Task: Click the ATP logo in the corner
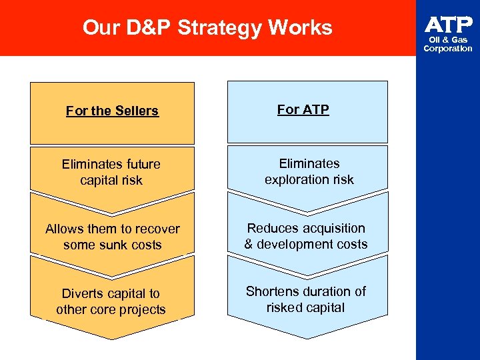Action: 448,25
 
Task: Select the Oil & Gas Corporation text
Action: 448,44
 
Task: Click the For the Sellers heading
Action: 112,111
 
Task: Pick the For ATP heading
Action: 303,109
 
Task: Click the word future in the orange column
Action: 139,163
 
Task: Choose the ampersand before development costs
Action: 249,244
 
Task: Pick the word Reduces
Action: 271,228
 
